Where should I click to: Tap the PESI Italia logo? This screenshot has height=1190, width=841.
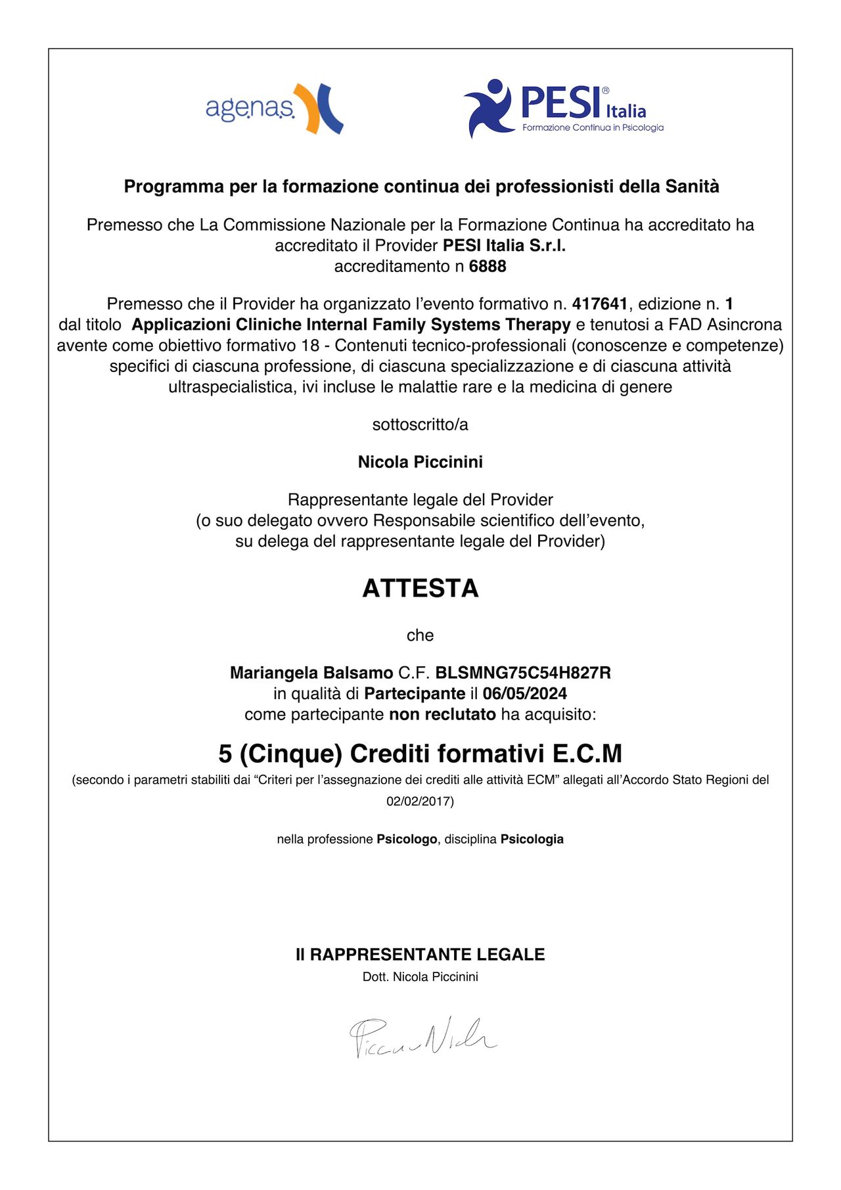click(563, 108)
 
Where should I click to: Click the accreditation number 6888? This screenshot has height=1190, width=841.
click(488, 266)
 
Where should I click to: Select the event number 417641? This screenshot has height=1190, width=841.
click(599, 304)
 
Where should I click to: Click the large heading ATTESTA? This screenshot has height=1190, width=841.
click(420, 588)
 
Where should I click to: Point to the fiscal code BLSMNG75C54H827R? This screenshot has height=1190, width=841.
click(523, 673)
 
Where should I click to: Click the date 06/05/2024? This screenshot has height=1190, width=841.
click(524, 693)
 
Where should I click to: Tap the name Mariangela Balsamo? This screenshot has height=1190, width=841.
click(311, 673)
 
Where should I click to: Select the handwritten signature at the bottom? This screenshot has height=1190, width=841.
click(422, 1037)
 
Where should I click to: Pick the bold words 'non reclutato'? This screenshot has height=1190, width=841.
click(442, 714)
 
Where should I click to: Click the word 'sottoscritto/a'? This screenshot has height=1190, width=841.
click(420, 424)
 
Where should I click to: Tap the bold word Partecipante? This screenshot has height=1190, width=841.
click(415, 693)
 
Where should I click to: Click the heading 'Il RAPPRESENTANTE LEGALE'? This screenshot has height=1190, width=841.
click(420, 954)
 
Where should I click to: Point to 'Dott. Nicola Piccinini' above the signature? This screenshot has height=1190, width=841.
click(420, 976)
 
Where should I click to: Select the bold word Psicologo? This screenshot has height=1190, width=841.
click(407, 839)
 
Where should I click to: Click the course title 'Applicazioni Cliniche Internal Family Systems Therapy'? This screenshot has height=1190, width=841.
click(351, 325)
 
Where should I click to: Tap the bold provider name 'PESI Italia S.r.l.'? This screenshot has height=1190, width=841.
click(504, 246)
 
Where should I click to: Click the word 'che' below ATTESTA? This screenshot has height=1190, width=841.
click(420, 635)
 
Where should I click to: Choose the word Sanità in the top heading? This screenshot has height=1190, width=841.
click(693, 187)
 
